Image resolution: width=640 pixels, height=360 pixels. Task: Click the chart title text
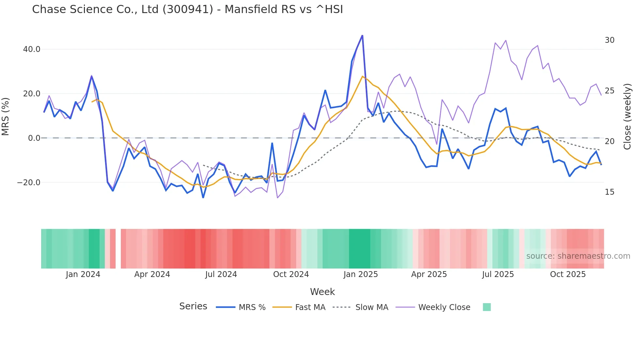tap(187, 9)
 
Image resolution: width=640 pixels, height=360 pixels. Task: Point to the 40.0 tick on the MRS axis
tap(31, 49)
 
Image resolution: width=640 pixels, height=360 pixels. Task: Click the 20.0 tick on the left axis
tap(31, 94)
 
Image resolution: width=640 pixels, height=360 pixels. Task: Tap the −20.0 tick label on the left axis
tap(29, 183)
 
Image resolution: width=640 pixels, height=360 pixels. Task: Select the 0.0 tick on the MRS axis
tap(34, 138)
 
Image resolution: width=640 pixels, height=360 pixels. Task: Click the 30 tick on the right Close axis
tap(609, 40)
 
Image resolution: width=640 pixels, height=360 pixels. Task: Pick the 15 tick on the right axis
tap(609, 192)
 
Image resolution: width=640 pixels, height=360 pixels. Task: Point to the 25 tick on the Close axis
tap(609, 91)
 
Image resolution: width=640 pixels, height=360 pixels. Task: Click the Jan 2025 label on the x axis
tap(360, 274)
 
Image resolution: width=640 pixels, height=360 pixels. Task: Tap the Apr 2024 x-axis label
tap(152, 274)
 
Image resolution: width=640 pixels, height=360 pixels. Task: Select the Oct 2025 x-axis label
tap(568, 274)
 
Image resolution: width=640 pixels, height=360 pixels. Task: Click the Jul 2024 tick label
tap(221, 274)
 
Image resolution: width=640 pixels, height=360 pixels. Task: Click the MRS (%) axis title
tap(6, 116)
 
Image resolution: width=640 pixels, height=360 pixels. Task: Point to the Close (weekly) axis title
tap(627, 116)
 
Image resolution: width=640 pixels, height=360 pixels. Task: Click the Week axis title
tap(322, 292)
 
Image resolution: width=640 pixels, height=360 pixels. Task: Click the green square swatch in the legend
tap(487, 307)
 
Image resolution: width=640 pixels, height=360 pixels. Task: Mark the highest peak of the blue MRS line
tap(362, 36)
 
